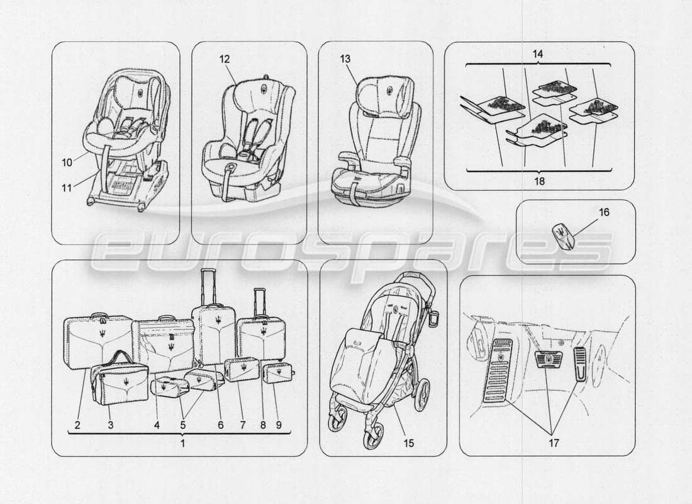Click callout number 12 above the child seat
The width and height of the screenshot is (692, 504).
(x=225, y=58)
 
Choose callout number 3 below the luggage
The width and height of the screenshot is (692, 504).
(x=110, y=425)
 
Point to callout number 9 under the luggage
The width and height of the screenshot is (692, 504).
(x=277, y=425)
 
